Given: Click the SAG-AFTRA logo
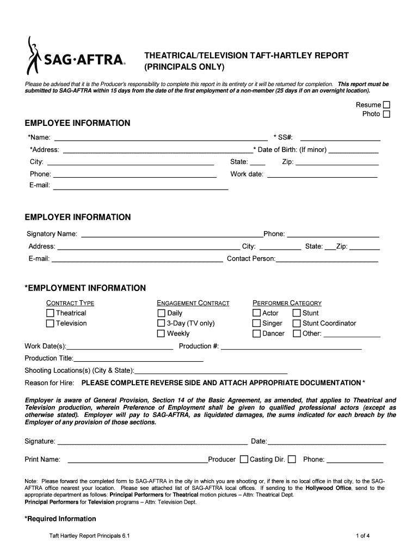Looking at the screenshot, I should tap(76, 56).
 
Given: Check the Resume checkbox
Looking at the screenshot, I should tap(386, 105).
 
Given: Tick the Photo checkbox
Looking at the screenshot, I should tap(386, 114).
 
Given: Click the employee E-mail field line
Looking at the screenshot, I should tap(140, 188).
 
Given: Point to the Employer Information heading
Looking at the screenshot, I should tap(78, 217).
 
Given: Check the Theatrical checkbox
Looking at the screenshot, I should tap(50, 313).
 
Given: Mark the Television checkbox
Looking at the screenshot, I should tap(50, 324).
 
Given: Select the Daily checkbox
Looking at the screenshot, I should tap(161, 313).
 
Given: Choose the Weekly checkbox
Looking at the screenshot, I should tap(161, 333).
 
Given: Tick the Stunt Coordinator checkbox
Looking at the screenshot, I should tap(297, 324).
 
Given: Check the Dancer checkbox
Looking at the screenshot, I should tap(257, 333).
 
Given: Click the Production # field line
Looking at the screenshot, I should tap(291, 348).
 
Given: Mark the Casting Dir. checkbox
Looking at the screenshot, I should tap(292, 459).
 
